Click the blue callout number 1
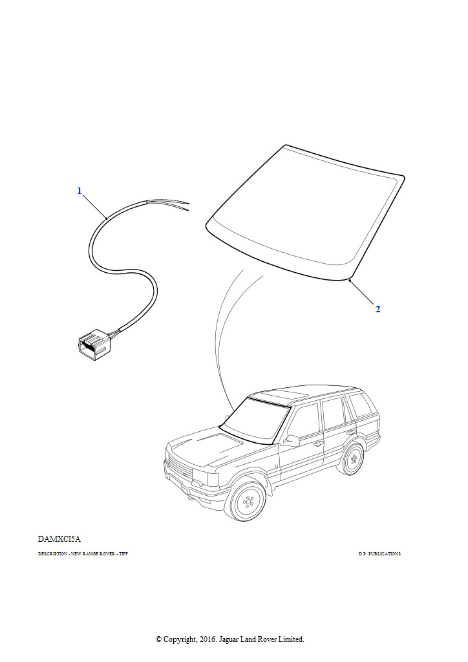click(x=79, y=191)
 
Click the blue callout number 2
click(x=378, y=310)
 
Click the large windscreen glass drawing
click(x=304, y=213)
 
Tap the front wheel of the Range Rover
click(x=246, y=502)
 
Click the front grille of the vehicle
click(x=180, y=468)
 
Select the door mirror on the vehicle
click(x=292, y=440)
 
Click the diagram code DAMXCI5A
click(x=59, y=539)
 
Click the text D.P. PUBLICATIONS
click(x=379, y=554)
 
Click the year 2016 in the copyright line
click(x=207, y=639)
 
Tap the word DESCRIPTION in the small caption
click(x=52, y=554)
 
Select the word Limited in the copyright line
click(x=291, y=639)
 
